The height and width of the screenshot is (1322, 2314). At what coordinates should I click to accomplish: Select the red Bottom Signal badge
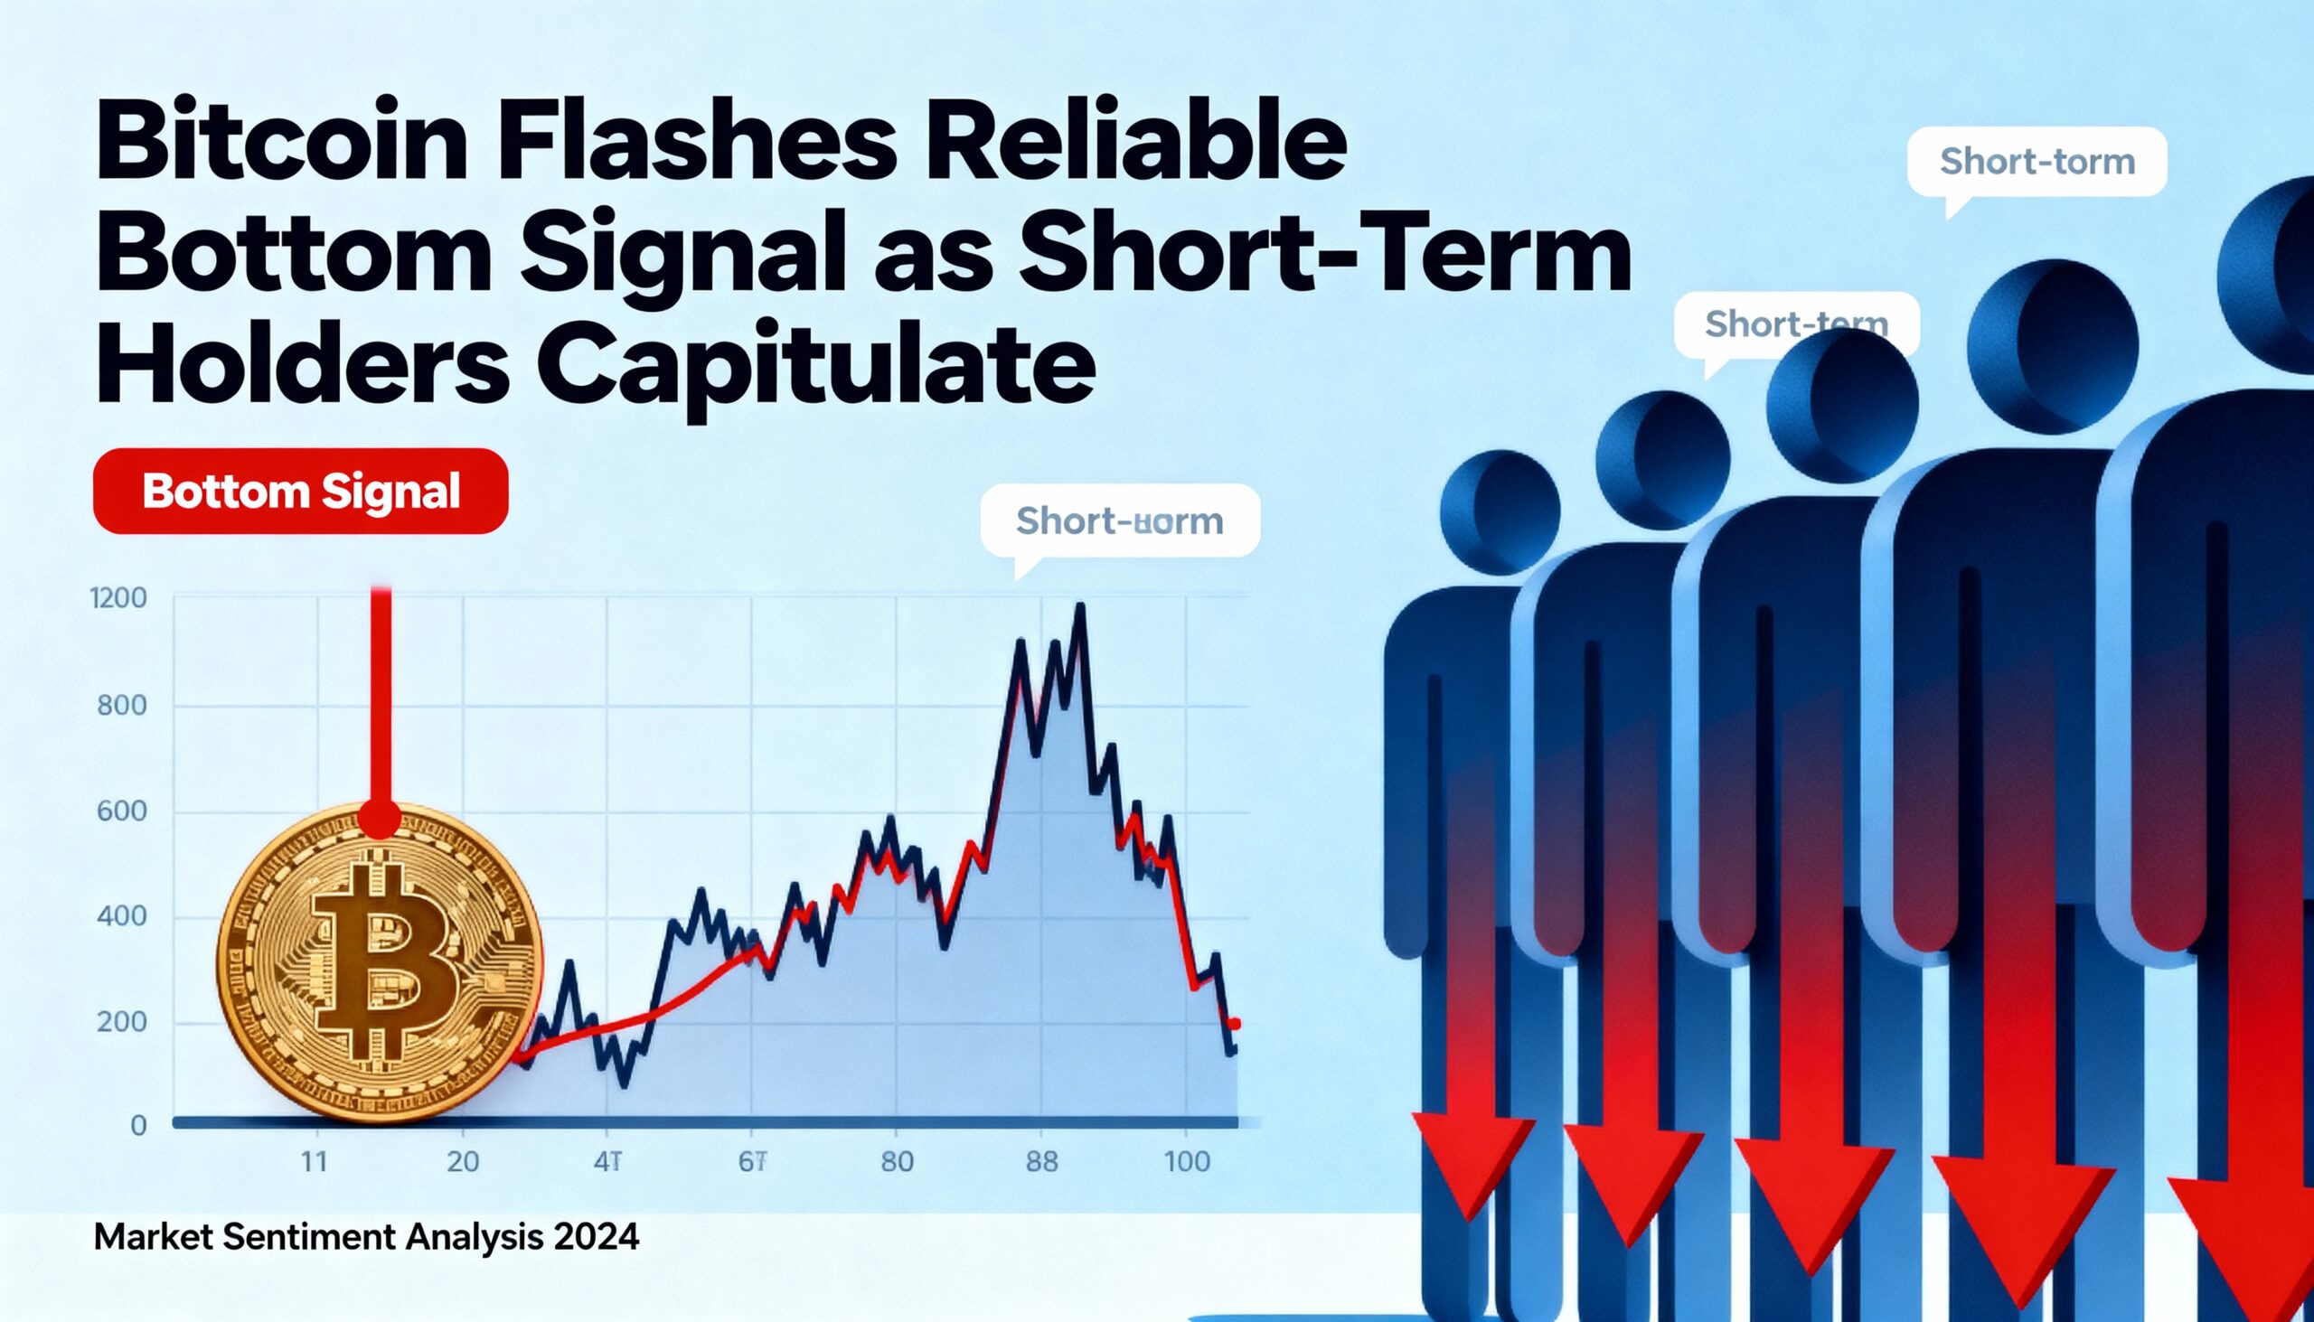point(301,492)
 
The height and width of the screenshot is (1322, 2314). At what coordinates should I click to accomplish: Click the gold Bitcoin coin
point(380,962)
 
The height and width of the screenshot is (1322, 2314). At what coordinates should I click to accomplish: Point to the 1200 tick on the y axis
point(119,598)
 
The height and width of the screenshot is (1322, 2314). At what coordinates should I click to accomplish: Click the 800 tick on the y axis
point(122,706)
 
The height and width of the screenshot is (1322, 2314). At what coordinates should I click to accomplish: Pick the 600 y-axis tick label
point(122,811)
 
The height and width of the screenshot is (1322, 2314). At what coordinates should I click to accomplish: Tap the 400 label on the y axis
point(122,917)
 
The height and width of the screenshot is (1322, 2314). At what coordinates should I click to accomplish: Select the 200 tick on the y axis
point(122,1022)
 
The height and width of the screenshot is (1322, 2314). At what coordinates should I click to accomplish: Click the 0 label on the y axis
point(138,1126)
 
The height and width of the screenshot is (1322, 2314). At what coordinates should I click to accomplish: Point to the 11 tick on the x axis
point(314,1162)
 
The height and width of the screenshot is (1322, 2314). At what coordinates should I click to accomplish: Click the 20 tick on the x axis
point(462,1162)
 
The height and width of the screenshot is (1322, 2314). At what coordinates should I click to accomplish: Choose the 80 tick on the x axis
point(897,1162)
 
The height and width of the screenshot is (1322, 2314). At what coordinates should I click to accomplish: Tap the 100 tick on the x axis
point(1187,1162)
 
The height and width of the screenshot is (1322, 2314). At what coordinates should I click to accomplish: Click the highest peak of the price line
point(1080,605)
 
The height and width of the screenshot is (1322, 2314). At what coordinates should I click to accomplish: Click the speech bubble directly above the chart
point(1120,521)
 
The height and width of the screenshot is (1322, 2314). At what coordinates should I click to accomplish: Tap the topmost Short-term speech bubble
point(2037,163)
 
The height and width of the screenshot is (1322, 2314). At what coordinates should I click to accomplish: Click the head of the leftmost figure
point(1500,511)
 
